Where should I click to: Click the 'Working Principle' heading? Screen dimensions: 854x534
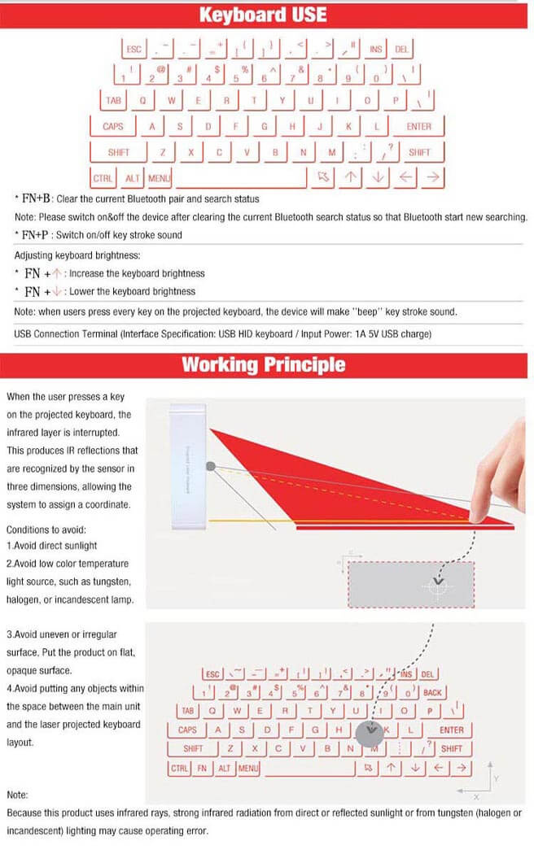pos(263,364)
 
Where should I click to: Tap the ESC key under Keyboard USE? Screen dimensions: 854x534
pos(134,50)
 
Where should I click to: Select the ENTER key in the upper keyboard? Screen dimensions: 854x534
pos(418,127)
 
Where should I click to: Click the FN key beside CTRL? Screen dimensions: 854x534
pos(202,768)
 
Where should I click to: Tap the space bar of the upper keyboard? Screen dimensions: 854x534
pos(241,177)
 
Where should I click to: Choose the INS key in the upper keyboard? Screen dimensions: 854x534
pos(375,50)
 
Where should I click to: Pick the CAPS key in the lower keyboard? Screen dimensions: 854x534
pos(187,730)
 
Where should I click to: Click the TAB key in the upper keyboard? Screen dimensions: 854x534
pos(112,101)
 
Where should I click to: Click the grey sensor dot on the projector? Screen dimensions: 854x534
pos(211,467)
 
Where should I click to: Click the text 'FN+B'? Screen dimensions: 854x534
pos(37,198)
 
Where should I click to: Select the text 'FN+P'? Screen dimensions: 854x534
pos(37,235)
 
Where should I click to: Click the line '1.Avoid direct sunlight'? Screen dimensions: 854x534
pos(51,546)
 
